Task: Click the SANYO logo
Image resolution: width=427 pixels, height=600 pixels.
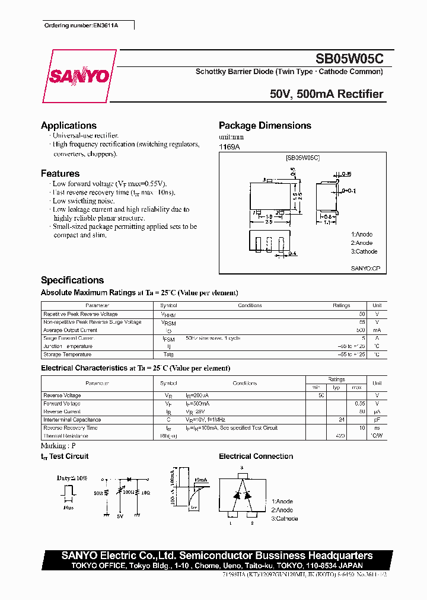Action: [79, 76]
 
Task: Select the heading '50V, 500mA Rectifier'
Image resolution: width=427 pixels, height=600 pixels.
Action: [326, 94]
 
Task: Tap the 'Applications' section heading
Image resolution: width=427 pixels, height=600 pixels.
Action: [69, 126]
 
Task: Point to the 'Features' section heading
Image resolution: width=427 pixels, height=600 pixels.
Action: [60, 174]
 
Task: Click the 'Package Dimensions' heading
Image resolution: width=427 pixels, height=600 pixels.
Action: [265, 126]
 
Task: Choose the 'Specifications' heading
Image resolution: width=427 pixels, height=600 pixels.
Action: [72, 280]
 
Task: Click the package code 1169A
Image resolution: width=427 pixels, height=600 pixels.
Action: [230, 146]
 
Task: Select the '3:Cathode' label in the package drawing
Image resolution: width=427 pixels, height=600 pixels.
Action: [364, 251]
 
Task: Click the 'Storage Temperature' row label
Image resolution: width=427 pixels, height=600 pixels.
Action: [67, 355]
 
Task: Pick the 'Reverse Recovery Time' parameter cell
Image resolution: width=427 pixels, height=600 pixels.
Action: [71, 427]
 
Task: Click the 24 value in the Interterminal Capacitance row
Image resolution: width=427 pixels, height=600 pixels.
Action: [341, 420]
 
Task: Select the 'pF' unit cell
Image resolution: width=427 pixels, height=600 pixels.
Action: [377, 420]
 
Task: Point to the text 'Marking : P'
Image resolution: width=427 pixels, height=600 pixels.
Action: [58, 445]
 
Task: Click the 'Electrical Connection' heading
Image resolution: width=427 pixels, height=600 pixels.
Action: [256, 457]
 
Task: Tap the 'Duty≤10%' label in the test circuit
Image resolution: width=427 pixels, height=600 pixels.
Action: [72, 477]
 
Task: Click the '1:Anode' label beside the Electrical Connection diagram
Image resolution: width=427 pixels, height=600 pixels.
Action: [282, 502]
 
